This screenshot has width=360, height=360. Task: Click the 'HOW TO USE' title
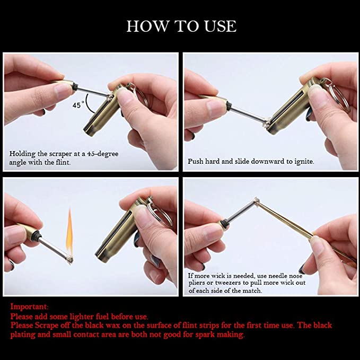point(181,26)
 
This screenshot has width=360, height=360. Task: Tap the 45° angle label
point(78,105)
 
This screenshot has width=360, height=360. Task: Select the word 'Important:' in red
point(30,306)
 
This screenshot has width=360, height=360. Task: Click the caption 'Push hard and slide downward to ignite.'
point(251,161)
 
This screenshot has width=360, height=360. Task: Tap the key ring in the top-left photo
point(130,96)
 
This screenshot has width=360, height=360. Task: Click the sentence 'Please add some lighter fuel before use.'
point(80,316)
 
